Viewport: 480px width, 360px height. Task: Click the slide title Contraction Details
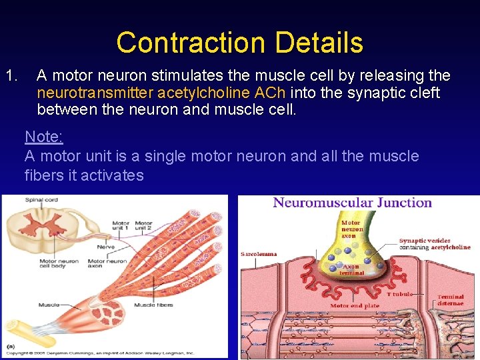click(x=239, y=43)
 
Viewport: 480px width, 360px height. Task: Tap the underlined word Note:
click(x=44, y=137)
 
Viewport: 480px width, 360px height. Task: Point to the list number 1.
click(x=12, y=75)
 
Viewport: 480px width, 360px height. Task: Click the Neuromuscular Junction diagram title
click(x=353, y=203)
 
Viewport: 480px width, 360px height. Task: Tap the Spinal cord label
click(x=41, y=200)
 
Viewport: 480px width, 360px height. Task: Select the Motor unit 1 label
click(x=121, y=226)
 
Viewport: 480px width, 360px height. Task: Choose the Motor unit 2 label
click(x=143, y=226)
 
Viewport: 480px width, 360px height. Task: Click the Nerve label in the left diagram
click(x=105, y=247)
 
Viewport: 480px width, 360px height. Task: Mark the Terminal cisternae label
click(x=451, y=300)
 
